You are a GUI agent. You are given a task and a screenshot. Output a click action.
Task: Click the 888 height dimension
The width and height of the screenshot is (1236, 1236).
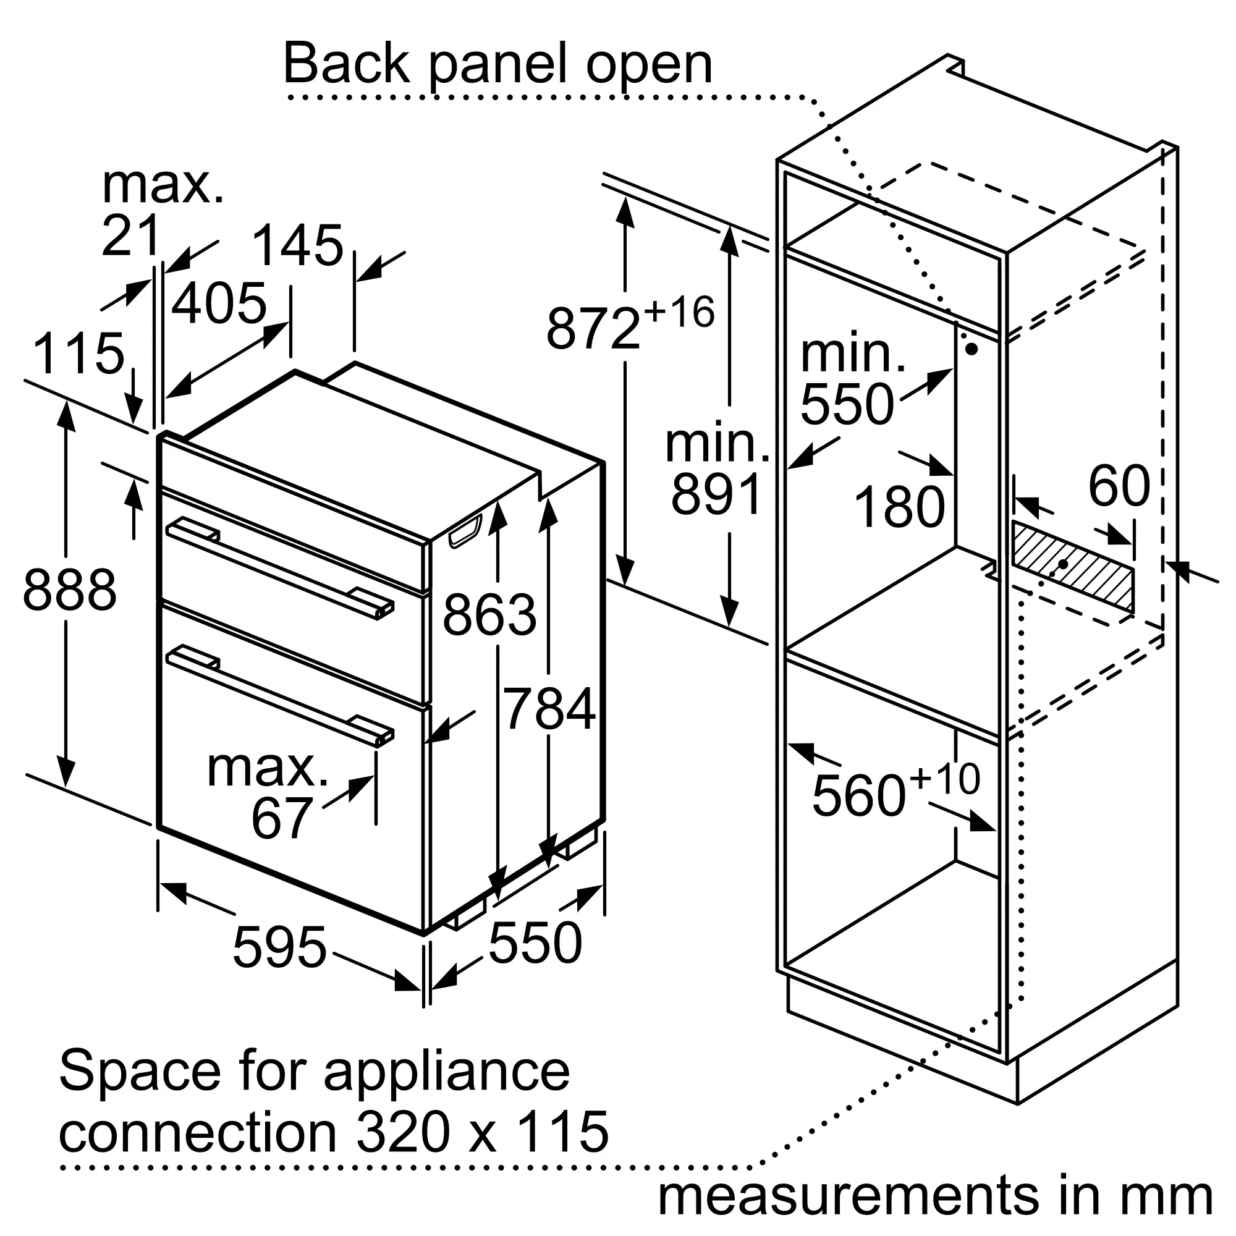pyautogui.click(x=70, y=590)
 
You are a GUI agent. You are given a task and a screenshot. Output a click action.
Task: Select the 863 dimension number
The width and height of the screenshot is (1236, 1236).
pyautogui.click(x=489, y=615)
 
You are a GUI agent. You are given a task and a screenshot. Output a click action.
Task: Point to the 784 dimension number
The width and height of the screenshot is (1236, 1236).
pyautogui.click(x=549, y=708)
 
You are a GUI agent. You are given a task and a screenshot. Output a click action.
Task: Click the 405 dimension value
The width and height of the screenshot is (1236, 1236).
pyautogui.click(x=218, y=303)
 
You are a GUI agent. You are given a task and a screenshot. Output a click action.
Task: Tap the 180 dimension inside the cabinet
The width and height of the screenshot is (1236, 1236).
pyautogui.click(x=899, y=507)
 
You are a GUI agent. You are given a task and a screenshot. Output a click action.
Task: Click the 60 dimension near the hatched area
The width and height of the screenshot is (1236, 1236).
pyautogui.click(x=1119, y=486)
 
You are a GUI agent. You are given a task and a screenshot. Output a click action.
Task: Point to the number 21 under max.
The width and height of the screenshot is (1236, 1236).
pyautogui.click(x=130, y=235)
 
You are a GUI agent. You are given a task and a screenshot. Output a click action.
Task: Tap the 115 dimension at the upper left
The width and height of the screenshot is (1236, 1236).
pyautogui.click(x=78, y=353)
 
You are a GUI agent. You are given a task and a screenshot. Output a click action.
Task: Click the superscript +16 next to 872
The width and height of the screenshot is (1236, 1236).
pyautogui.click(x=679, y=313)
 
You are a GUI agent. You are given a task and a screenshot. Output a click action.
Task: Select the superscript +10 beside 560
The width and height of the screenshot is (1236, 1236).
pyautogui.click(x=944, y=779)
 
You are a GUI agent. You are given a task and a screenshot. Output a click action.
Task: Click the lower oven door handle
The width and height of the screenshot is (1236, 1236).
pyautogui.click(x=280, y=695)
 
